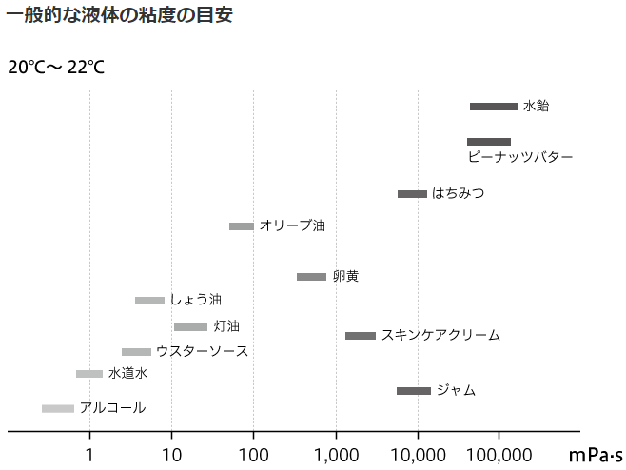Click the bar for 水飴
494,107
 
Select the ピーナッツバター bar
489,142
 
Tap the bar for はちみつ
412,194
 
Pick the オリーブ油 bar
242,226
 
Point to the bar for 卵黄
311,277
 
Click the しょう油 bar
149,301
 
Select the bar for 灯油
190,327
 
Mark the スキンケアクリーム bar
361,336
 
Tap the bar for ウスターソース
136,352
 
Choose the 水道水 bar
89,374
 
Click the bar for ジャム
414,391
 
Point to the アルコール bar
58,409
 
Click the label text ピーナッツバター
520,157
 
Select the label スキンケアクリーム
440,336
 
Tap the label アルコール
113,408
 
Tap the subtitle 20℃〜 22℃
56,68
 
